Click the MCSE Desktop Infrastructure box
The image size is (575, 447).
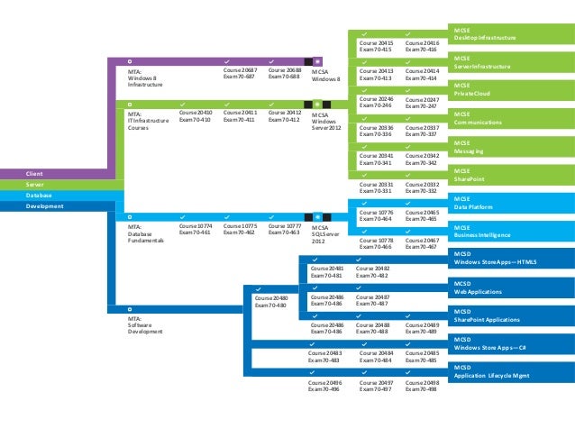[x=510, y=35]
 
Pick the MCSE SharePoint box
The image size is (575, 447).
[x=510, y=174]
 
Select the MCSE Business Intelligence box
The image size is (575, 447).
[x=510, y=231]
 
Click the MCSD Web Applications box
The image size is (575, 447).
[x=510, y=287]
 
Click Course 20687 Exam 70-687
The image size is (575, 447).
[x=241, y=73]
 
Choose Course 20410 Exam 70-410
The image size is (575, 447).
[x=196, y=116]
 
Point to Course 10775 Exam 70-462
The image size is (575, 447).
[x=241, y=229]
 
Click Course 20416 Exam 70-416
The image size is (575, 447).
[x=423, y=45]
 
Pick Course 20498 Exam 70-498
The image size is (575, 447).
[x=422, y=386]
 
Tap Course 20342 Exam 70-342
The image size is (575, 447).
[x=422, y=159]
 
